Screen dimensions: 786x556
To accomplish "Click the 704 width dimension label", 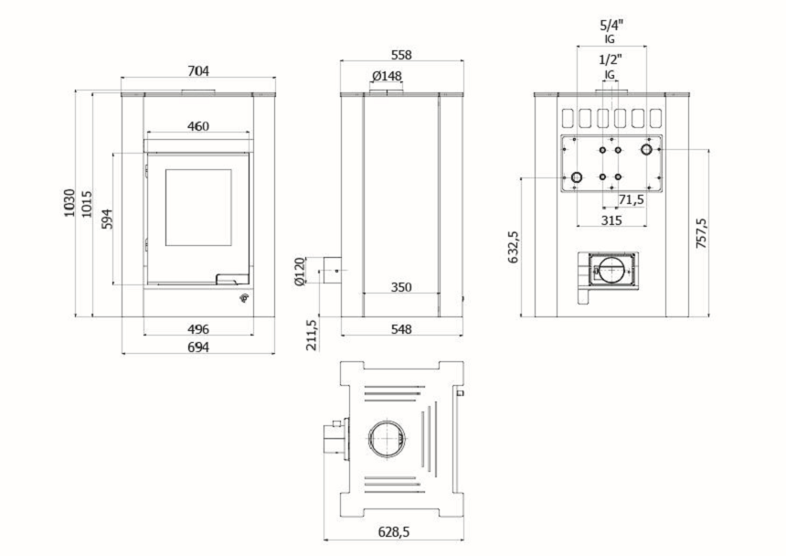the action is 198,71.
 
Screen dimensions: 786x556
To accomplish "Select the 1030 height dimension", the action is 69,202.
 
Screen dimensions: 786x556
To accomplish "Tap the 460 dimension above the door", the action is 198,126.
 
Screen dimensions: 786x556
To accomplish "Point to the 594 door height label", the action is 107,219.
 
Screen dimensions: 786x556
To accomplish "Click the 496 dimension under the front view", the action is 198,329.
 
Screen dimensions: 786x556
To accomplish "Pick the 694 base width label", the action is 198,347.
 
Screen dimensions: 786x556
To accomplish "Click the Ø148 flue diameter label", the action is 387,76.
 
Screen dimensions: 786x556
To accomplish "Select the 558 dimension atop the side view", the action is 401,55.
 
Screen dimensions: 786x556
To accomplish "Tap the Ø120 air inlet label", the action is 299,272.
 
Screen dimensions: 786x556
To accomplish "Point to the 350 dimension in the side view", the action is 401,287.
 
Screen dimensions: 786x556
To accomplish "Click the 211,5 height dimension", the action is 312,335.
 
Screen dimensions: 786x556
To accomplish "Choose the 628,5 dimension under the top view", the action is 394,532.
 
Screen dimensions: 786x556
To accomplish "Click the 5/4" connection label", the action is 611,25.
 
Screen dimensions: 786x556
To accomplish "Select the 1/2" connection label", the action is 611,59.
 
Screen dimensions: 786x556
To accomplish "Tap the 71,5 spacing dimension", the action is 632,199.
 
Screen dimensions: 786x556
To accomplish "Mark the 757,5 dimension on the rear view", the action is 701,233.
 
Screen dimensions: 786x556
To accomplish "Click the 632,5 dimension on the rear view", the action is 514,247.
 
